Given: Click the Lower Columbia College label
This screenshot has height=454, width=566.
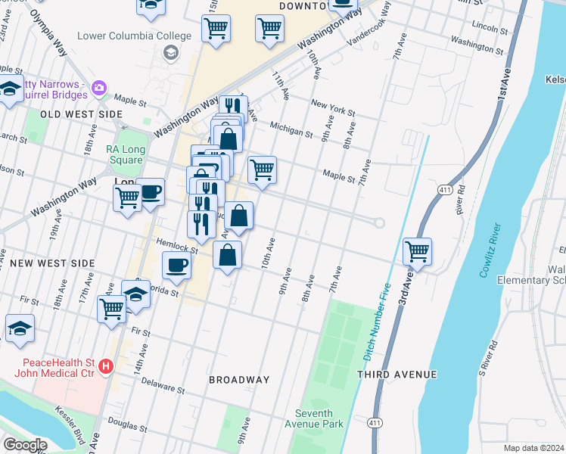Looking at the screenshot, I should (x=135, y=36).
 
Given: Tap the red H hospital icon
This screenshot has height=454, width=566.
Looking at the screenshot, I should (x=106, y=366).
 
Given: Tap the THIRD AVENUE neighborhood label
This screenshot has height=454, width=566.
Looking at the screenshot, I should (x=397, y=375).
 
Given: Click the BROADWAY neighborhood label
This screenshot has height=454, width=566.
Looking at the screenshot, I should (x=239, y=380).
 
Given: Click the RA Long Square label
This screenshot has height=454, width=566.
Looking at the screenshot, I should (x=125, y=155).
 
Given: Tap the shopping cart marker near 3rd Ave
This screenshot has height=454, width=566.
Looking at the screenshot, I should (x=418, y=251).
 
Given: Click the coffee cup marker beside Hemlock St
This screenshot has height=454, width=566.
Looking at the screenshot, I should (x=177, y=266).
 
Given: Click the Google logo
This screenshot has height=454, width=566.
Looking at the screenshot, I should (x=25, y=445).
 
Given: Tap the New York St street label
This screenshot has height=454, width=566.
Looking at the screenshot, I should (x=332, y=107).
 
